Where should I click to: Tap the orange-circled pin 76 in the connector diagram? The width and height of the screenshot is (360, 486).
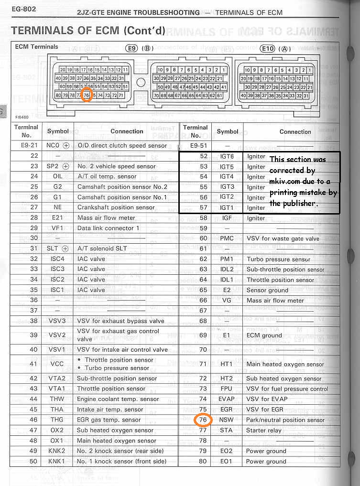coord(87,95)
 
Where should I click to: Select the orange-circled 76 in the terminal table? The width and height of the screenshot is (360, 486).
coord(202,420)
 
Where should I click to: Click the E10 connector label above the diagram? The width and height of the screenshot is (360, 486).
coord(268,48)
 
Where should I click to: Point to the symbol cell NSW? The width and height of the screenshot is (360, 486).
coord(227,420)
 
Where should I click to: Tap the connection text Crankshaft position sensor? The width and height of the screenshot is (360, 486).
coord(116,207)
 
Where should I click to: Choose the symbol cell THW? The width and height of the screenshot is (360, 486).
coord(57,399)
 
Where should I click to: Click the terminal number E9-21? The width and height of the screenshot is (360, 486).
coord(28,146)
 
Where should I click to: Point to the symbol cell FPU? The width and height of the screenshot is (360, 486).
coord(227,389)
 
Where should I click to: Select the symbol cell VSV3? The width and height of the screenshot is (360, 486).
coord(57,321)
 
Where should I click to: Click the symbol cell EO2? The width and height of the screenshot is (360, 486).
coord(227,451)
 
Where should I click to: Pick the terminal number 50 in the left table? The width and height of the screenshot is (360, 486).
coord(33,461)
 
